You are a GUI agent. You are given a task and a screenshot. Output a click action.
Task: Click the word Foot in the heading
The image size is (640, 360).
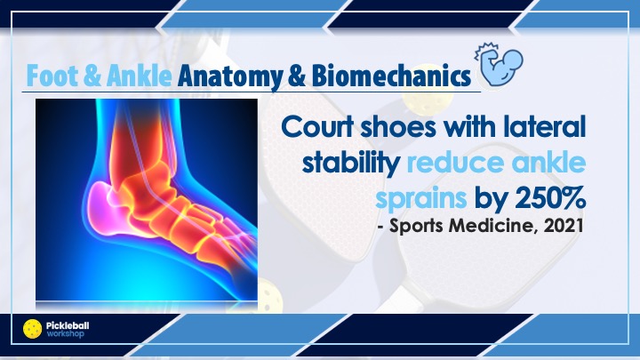(x=52, y=76)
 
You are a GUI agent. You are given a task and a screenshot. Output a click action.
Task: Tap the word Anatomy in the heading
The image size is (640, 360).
(x=230, y=76)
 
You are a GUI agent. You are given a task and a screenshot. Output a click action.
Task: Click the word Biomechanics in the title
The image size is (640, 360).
(x=391, y=76)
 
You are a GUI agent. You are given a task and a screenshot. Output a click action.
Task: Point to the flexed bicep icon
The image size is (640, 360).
(x=500, y=64)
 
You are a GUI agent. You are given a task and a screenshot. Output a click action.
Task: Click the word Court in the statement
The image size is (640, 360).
(x=317, y=127)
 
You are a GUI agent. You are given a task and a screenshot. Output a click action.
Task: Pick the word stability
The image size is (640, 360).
(x=350, y=164)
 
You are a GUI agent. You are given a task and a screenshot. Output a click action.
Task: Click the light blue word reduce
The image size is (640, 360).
(x=456, y=163)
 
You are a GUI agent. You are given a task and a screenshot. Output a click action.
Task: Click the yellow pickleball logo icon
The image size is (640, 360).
(x=33, y=329)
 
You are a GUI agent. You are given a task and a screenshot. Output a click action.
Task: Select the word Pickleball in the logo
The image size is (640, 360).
(x=68, y=325)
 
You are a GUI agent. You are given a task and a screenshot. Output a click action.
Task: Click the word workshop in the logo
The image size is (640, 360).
(x=65, y=333)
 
